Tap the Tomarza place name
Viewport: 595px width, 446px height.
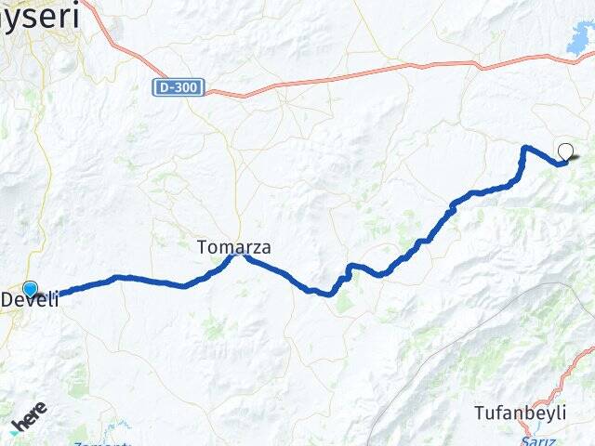(x=233, y=247)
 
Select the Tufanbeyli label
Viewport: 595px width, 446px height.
(x=520, y=412)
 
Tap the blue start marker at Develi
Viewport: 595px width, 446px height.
(x=31, y=289)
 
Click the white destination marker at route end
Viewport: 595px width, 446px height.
(x=565, y=152)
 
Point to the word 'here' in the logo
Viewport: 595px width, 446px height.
(x=31, y=419)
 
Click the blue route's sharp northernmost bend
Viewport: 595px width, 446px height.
(x=525, y=148)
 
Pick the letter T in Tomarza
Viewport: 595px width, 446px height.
(x=202, y=247)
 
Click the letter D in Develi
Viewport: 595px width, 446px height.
(x=7, y=300)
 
